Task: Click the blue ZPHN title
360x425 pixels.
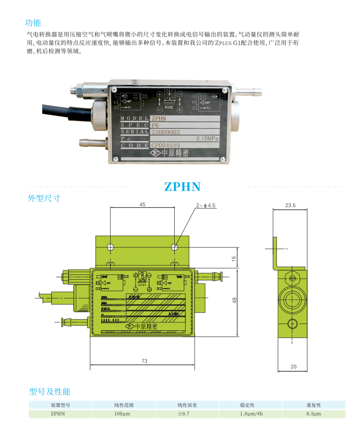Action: pos(182,187)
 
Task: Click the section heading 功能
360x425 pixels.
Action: pos(33,23)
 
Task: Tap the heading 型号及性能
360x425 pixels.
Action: pos(50,391)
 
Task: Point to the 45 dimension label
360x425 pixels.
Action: pos(142,205)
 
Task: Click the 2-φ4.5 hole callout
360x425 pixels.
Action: pos(206,205)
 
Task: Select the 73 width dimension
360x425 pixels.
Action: pos(144,361)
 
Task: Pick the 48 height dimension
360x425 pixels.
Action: pos(234,300)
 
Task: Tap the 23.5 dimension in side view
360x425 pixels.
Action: pos(290,205)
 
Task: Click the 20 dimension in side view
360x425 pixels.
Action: pos(293,366)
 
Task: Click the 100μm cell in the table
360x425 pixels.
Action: pos(124,413)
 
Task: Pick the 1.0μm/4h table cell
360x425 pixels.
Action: pos(251,413)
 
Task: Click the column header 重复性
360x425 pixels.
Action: pos(314,405)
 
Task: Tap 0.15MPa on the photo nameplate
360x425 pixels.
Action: pos(207,139)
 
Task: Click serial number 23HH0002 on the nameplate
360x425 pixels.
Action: pos(166,132)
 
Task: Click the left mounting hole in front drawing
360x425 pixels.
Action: pos(110,247)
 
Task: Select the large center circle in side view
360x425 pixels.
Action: pos(292,297)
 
